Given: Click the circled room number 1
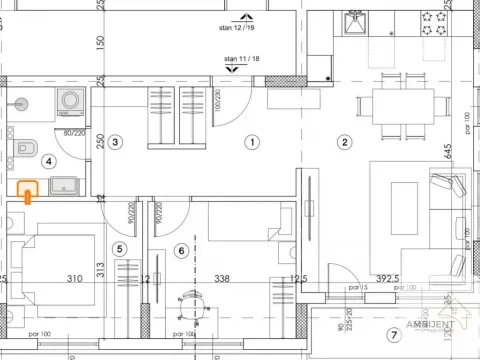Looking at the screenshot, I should (x=252, y=143).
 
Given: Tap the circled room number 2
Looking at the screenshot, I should (x=343, y=142).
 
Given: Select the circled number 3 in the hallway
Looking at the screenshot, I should (x=116, y=143).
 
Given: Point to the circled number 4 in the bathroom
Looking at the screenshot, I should (x=50, y=159).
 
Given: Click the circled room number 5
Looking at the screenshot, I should (x=120, y=249).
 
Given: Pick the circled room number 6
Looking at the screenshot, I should (x=181, y=249).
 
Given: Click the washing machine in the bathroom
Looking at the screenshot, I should (x=70, y=100).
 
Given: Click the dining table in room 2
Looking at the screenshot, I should (x=397, y=102).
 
